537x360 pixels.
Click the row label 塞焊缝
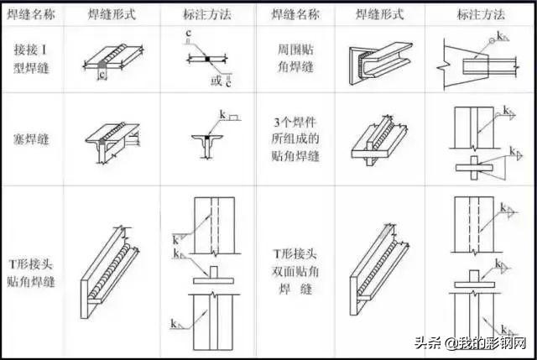[31, 139]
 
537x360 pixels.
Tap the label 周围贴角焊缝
[295, 58]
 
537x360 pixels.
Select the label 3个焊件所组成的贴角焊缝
[295, 138]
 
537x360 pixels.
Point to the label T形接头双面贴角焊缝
[295, 272]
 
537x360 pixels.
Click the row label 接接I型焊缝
[31, 59]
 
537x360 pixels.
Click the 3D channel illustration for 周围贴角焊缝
[380, 64]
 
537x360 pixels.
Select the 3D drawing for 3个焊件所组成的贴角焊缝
[379, 140]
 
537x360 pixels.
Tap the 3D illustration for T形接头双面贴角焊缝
[379, 269]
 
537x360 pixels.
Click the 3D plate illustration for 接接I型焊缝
[113, 58]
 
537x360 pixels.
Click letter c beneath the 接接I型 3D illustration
[102, 74]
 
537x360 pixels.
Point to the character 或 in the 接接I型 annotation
[216, 81]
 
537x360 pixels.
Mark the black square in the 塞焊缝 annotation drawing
[207, 138]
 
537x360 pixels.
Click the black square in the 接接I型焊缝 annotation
[207, 59]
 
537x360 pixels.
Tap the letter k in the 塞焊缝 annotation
[222, 114]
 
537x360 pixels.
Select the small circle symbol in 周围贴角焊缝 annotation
[492, 41]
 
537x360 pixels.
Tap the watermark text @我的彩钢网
[486, 342]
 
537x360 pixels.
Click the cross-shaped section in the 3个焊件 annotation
[474, 168]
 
